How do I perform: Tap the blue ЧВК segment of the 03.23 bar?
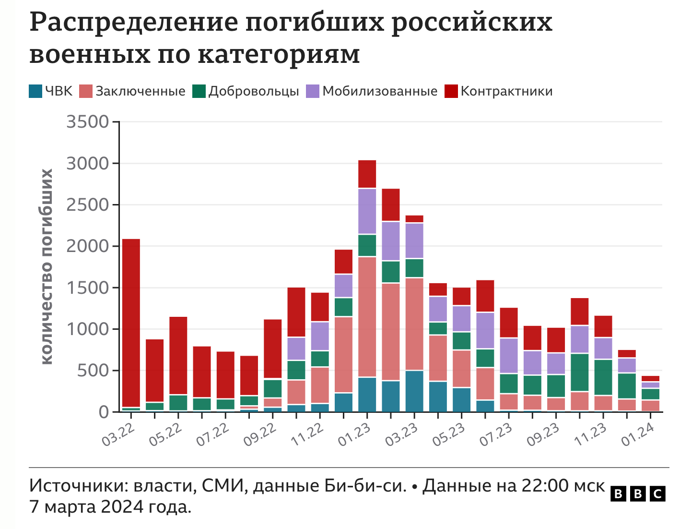pos(414,391)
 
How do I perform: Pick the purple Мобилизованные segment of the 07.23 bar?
pos(509,356)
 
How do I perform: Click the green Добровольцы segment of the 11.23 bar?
pos(603,377)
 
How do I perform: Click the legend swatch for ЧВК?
pos(35,91)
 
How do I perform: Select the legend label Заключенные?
pos(140,91)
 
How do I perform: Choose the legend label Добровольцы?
pos(254,91)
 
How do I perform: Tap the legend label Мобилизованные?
pos(380,91)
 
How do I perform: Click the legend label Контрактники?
pos(506,91)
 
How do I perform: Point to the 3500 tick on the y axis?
pos(88,122)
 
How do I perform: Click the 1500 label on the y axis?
pos(88,288)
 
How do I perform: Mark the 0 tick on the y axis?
pos(104,412)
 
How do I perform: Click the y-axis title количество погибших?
pos(47,266)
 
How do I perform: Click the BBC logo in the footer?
pos(638,493)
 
